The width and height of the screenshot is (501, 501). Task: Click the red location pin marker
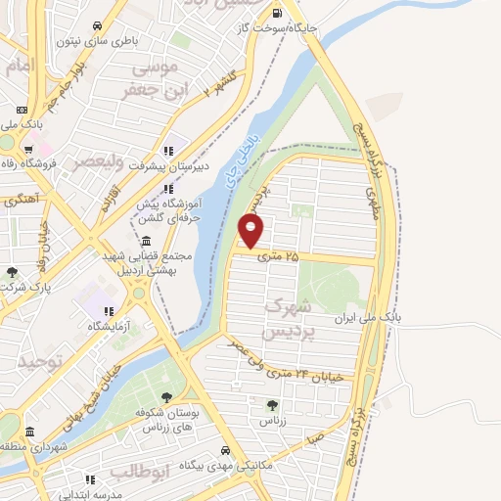pyautogui.click(x=251, y=231)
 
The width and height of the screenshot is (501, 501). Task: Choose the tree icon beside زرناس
pyautogui.click(x=272, y=405)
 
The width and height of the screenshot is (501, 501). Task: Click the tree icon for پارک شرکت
pyautogui.click(x=12, y=273)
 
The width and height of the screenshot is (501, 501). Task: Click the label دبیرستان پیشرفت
pyautogui.click(x=133, y=165)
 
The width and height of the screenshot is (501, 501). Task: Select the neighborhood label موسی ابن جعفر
pyautogui.click(x=150, y=78)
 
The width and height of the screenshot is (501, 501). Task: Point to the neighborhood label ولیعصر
pyautogui.click(x=100, y=163)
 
